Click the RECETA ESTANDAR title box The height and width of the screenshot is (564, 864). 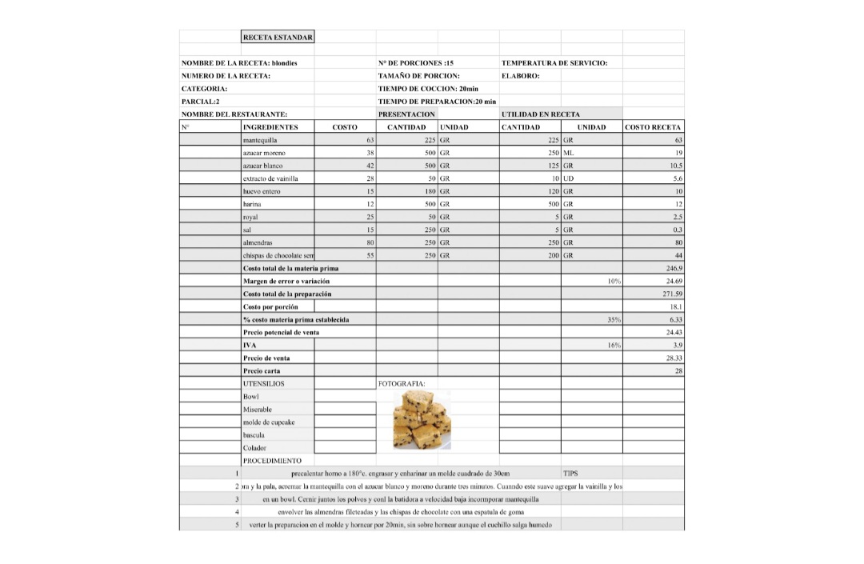[x=278, y=37]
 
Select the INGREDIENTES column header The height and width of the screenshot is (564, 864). [x=270, y=127]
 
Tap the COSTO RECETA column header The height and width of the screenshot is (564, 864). [x=653, y=127]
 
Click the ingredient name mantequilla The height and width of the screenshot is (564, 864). [x=260, y=140]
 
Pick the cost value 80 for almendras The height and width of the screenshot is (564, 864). [x=370, y=242]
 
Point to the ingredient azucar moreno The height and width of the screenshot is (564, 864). [x=264, y=153]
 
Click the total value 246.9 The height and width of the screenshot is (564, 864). [x=673, y=269]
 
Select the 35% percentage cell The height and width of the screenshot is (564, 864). [x=614, y=320]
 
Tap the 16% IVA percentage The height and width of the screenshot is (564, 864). [x=614, y=346]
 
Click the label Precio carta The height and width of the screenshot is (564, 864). [x=262, y=371]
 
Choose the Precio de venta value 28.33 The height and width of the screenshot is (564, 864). [x=673, y=358]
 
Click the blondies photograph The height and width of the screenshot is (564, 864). [x=422, y=420]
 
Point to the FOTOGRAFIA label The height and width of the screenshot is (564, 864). [x=402, y=384]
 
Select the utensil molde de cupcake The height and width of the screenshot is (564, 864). [x=269, y=422]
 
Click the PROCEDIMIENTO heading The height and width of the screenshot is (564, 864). [x=272, y=461]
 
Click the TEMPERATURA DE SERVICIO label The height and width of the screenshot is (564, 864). [x=554, y=63]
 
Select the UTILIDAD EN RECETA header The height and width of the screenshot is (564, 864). [x=541, y=114]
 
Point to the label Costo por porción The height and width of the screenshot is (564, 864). [x=270, y=307]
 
